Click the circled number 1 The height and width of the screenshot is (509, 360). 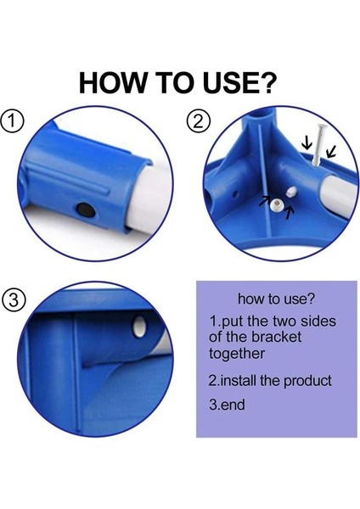tap(13, 121)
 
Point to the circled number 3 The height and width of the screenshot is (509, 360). tap(14, 300)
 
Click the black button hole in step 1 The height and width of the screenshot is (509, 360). tap(86, 210)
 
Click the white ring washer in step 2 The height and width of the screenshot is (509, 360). tap(277, 204)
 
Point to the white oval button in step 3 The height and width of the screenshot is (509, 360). tap(140, 327)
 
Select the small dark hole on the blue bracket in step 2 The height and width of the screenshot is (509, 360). tap(235, 195)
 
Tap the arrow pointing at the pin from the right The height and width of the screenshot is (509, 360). tap(331, 152)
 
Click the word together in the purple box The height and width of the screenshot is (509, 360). tap(237, 354)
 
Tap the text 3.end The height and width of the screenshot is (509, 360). tap(227, 405)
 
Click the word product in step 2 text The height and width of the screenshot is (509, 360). tap(307, 380)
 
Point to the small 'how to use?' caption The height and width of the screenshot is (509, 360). tap(276, 299)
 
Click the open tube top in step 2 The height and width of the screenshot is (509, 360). tap(262, 115)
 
